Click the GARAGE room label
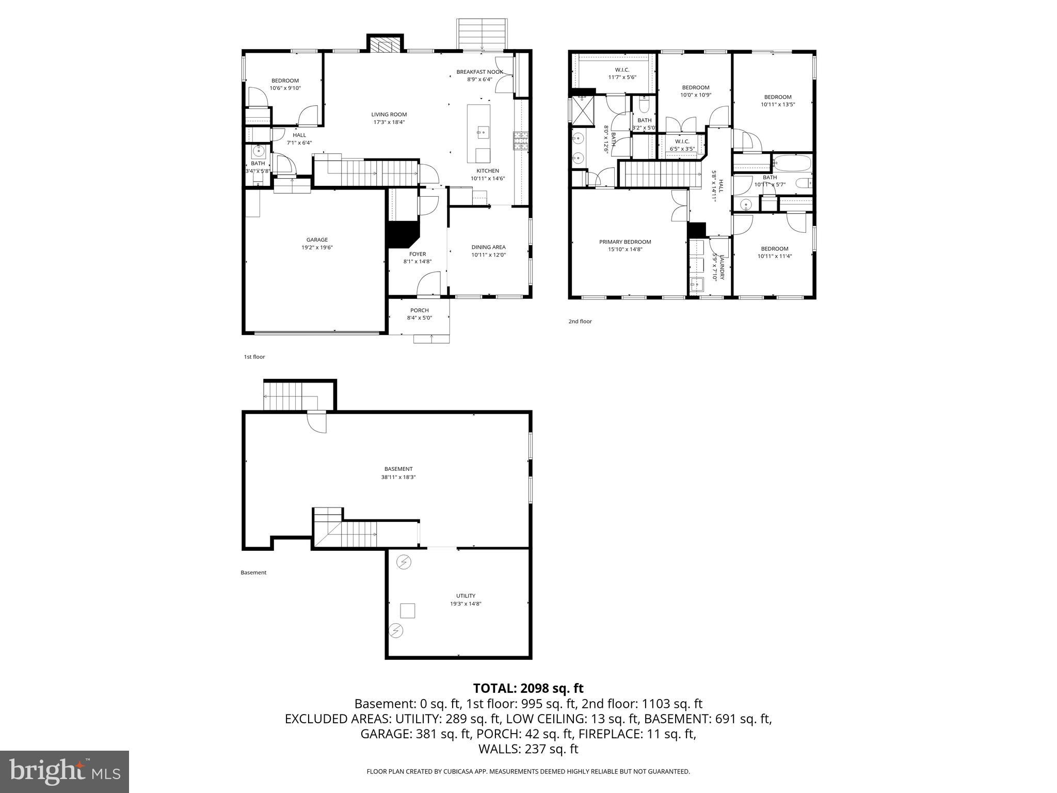click(317, 240)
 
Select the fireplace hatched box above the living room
click(385, 45)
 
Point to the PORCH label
click(419, 310)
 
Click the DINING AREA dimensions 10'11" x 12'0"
click(488, 255)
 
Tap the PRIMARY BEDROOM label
click(624, 242)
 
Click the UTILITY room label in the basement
click(465, 596)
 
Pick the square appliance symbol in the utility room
click(407, 611)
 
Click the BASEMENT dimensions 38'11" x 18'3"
click(398, 477)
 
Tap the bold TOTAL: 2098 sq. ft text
click(528, 688)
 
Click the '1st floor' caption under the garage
click(254, 357)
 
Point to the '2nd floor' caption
click(580, 321)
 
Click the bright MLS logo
click(65, 772)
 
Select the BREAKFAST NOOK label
click(479, 72)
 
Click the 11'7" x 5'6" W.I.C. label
click(621, 77)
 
